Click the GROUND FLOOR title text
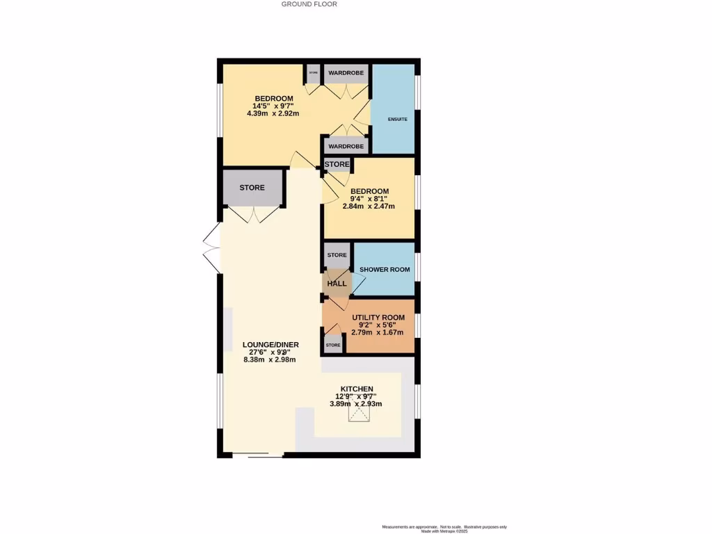[x=309, y=4]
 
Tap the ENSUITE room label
[x=397, y=119]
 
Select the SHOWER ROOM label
[x=385, y=270]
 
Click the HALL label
[x=337, y=284]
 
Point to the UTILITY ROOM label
[x=378, y=318]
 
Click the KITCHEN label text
[x=357, y=389]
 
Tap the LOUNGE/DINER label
[x=269, y=344]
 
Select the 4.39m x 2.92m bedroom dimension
[x=273, y=113]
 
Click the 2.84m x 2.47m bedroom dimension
[x=369, y=207]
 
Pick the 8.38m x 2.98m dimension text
[x=269, y=360]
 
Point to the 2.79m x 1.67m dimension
[x=378, y=332]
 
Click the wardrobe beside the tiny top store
[x=346, y=73]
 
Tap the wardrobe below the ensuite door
[x=346, y=147]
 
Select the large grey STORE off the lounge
[x=252, y=188]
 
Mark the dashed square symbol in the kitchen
[x=360, y=414]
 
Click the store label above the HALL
[x=337, y=255]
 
